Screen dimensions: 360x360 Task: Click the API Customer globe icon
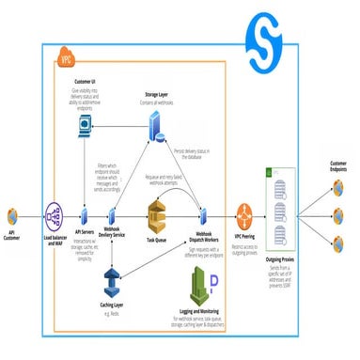click(13, 213)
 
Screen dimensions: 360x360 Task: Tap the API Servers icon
click(86, 213)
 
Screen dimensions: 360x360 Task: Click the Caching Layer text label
click(111, 305)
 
